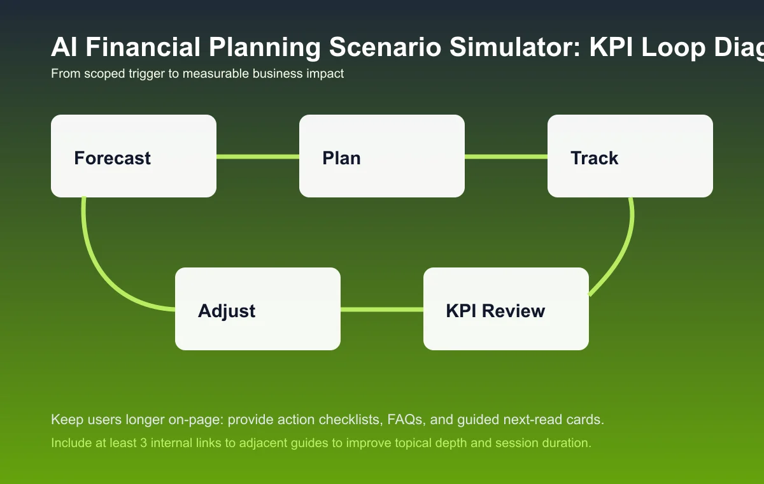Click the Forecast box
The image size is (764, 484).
tap(134, 156)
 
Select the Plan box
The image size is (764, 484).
tap(382, 156)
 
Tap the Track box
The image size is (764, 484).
tap(630, 156)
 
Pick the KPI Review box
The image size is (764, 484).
tap(506, 309)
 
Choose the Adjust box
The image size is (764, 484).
tap(258, 309)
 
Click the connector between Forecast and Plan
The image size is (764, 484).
tap(258, 156)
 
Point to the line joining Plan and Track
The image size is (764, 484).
tap(506, 156)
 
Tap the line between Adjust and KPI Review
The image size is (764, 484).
tap(382, 310)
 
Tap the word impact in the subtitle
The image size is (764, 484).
tap(326, 74)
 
